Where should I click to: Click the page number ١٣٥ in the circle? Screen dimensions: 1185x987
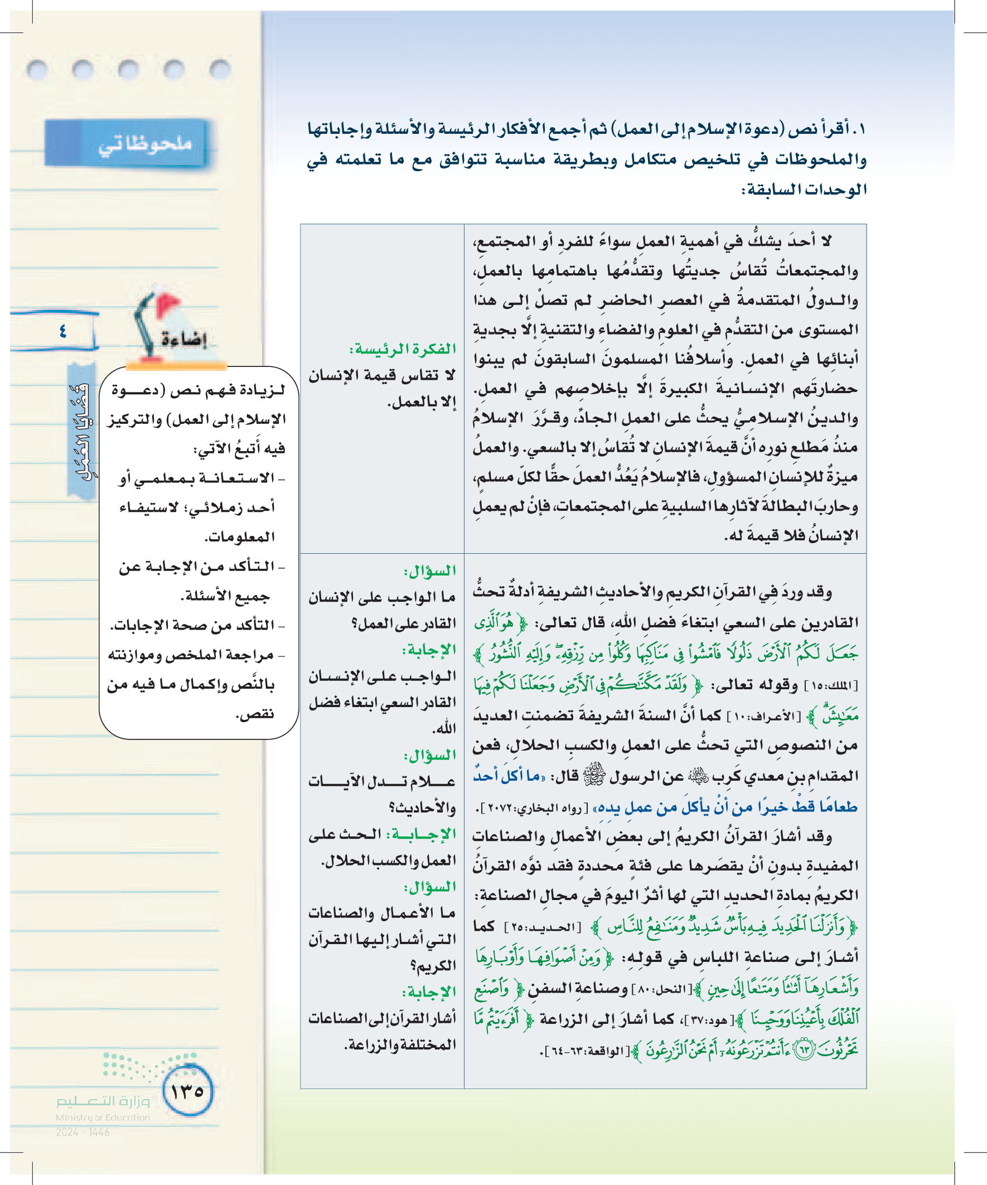coord(187,1091)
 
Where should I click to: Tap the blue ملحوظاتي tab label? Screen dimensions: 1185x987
coord(145,144)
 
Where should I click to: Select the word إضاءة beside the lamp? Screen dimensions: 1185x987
coord(184,340)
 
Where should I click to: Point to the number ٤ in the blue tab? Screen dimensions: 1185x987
coord(62,331)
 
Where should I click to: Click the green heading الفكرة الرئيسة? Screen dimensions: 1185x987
coord(402,349)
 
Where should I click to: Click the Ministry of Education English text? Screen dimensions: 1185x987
coord(103,1118)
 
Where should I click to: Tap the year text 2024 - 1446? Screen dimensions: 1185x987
coord(83,1131)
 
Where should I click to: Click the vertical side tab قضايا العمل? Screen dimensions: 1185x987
coord(81,432)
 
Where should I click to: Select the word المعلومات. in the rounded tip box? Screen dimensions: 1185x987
coord(239,536)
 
